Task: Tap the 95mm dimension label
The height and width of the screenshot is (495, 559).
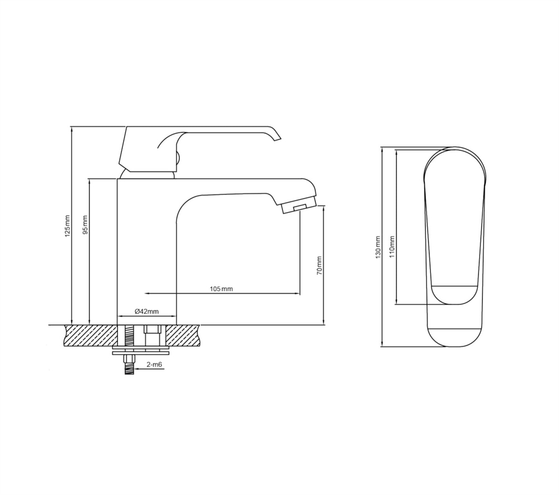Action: pos(85,225)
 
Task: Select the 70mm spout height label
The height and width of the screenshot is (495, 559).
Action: pos(319,265)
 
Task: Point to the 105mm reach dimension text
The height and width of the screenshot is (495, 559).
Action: pos(221,289)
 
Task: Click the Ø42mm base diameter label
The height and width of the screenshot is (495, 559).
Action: pos(146,311)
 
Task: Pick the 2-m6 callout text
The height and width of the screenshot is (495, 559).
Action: pos(154,365)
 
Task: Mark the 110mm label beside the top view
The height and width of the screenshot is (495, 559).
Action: pos(392,247)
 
